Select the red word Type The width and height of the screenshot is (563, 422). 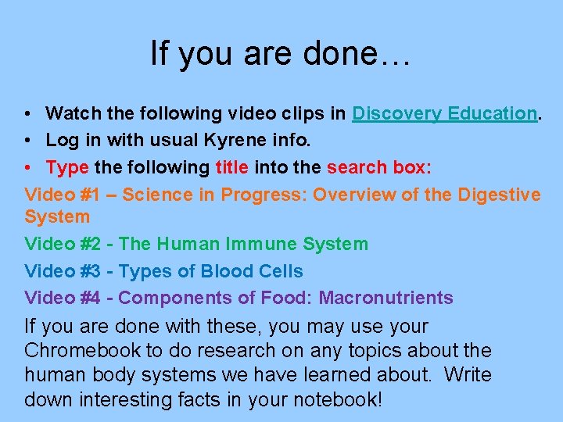[67, 168]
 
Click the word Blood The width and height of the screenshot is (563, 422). [227, 271]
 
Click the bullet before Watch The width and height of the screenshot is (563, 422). [27, 114]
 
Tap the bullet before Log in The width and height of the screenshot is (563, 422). [27, 141]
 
